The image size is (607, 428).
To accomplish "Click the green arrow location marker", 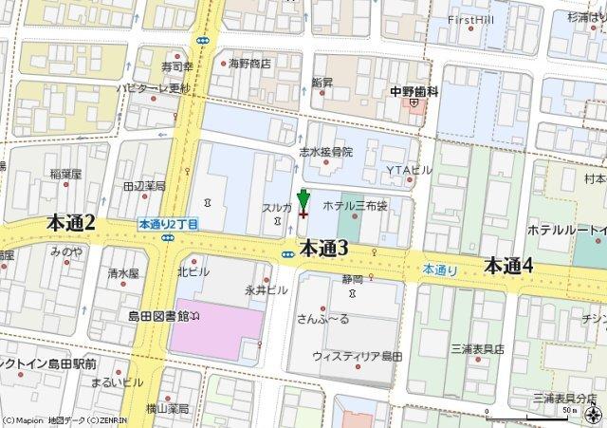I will click(x=303, y=200).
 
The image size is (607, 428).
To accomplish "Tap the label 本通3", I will click(x=324, y=249).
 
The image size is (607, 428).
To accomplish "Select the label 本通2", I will click(x=71, y=222).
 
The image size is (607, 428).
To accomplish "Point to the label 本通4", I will click(x=508, y=266).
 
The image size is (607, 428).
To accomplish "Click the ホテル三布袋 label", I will click(x=356, y=205).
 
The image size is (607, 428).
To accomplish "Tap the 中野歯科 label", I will click(x=414, y=91).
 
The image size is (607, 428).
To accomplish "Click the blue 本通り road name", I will click(x=441, y=270).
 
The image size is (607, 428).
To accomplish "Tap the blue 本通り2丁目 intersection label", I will click(x=168, y=225).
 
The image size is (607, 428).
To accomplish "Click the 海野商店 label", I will click(x=249, y=64).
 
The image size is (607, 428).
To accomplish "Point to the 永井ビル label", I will click(x=266, y=288).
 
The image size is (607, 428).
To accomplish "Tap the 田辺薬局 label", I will click(x=144, y=186).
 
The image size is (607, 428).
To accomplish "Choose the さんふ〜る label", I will click(x=323, y=318).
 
